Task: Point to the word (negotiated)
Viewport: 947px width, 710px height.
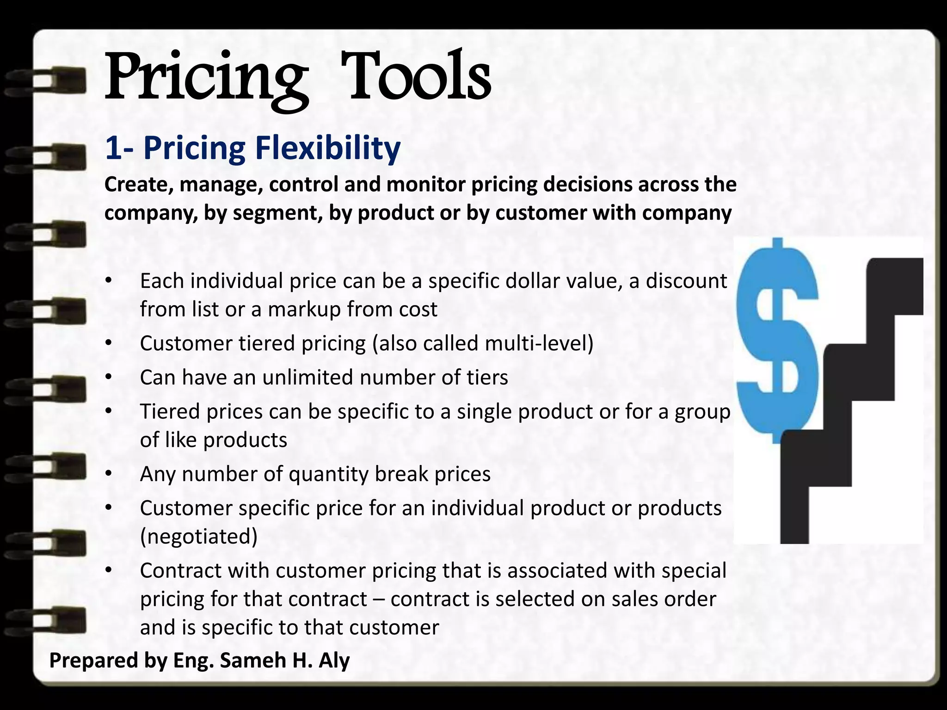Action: point(199,536)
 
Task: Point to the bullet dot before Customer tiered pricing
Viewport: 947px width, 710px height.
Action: point(108,343)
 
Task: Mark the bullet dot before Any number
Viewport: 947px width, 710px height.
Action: point(108,474)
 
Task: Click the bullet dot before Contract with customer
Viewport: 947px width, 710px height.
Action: point(108,570)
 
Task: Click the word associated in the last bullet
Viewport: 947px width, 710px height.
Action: point(557,570)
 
